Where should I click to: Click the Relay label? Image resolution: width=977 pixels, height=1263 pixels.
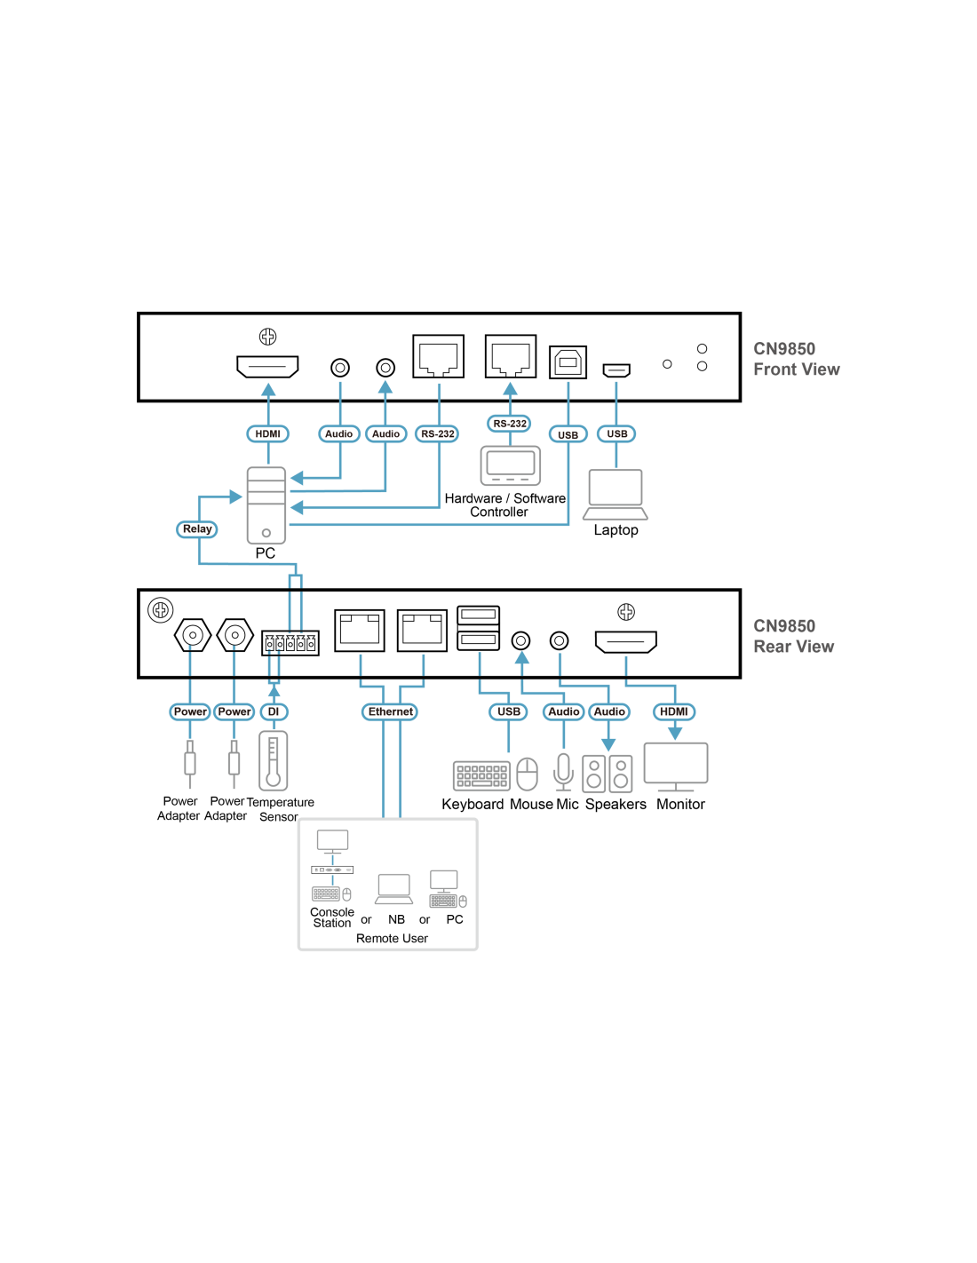197,529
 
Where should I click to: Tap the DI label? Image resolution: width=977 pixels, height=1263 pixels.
274,711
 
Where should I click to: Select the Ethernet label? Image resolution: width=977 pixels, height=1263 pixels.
391,711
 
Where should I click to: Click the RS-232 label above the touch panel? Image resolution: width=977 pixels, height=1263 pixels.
510,424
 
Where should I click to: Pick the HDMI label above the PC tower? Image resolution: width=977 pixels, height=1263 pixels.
267,433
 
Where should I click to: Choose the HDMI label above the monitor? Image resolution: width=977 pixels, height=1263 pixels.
674,711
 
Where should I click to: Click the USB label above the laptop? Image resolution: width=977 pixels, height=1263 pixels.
616,433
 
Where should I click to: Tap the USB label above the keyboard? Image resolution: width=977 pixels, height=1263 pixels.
509,711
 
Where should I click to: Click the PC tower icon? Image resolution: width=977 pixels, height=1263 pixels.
266,505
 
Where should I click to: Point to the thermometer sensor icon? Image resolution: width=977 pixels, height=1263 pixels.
274,761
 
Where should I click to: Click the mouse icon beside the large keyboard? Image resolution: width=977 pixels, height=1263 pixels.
528,774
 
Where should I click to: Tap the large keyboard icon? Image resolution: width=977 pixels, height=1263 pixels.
481,775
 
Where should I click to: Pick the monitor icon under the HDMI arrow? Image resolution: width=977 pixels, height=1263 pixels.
676,766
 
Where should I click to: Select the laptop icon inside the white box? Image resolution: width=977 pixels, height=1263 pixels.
393,889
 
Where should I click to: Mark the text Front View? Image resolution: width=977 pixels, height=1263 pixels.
796,369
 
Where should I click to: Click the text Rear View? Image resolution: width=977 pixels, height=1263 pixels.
793,647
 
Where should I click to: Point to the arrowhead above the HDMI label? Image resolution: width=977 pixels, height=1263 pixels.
268,389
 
